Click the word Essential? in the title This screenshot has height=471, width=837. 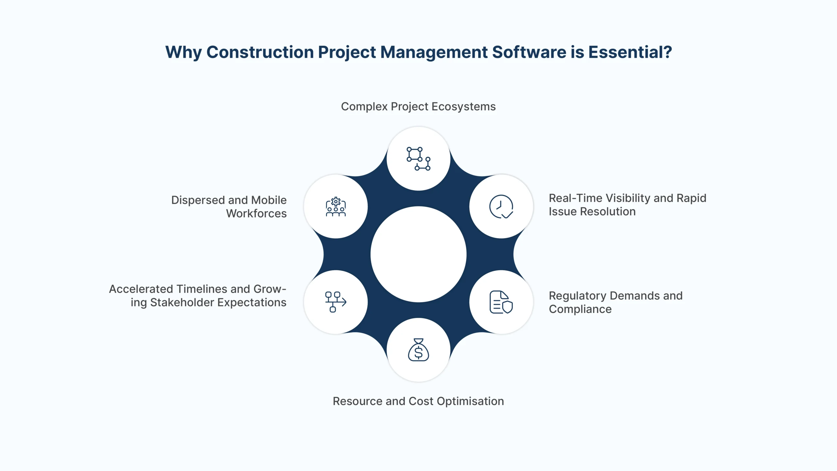630,52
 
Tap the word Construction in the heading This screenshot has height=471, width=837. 260,52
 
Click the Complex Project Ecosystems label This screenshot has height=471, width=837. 418,107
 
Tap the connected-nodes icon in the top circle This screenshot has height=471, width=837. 418,159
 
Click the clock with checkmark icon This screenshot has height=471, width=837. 501,206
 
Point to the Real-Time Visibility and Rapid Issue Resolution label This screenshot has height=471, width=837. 627,205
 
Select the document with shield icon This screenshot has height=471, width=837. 501,302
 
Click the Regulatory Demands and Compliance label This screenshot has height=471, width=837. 616,302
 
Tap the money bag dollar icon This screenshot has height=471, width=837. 418,350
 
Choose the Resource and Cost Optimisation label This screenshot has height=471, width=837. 418,401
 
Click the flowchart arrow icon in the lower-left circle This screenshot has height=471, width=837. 336,302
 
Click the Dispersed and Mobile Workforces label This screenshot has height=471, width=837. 229,207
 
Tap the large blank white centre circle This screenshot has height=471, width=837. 418,254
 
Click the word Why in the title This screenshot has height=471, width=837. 183,52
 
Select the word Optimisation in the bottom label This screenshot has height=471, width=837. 470,401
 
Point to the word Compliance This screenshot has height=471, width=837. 580,309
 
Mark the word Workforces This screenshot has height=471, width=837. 256,213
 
